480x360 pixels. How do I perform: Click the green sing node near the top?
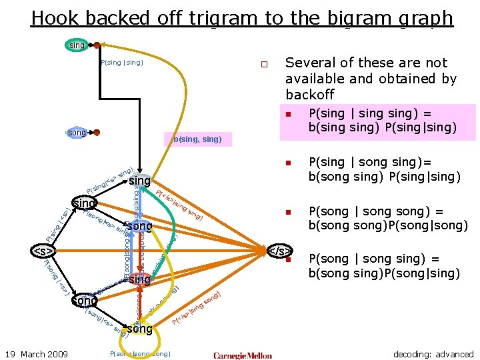point(77,45)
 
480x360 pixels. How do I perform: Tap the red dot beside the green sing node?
point(97,45)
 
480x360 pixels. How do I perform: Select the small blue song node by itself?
point(77,133)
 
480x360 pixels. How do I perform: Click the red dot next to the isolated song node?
point(97,133)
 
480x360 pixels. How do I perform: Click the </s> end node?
point(279,251)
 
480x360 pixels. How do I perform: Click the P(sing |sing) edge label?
point(122,63)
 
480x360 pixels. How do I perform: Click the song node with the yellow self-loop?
point(140,329)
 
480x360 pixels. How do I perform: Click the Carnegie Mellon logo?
point(243,355)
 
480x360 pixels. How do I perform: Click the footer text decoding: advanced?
point(433,354)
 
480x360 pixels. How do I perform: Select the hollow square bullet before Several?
point(264,65)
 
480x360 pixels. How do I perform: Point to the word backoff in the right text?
point(309,95)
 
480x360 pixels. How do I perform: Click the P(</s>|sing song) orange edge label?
point(197,310)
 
